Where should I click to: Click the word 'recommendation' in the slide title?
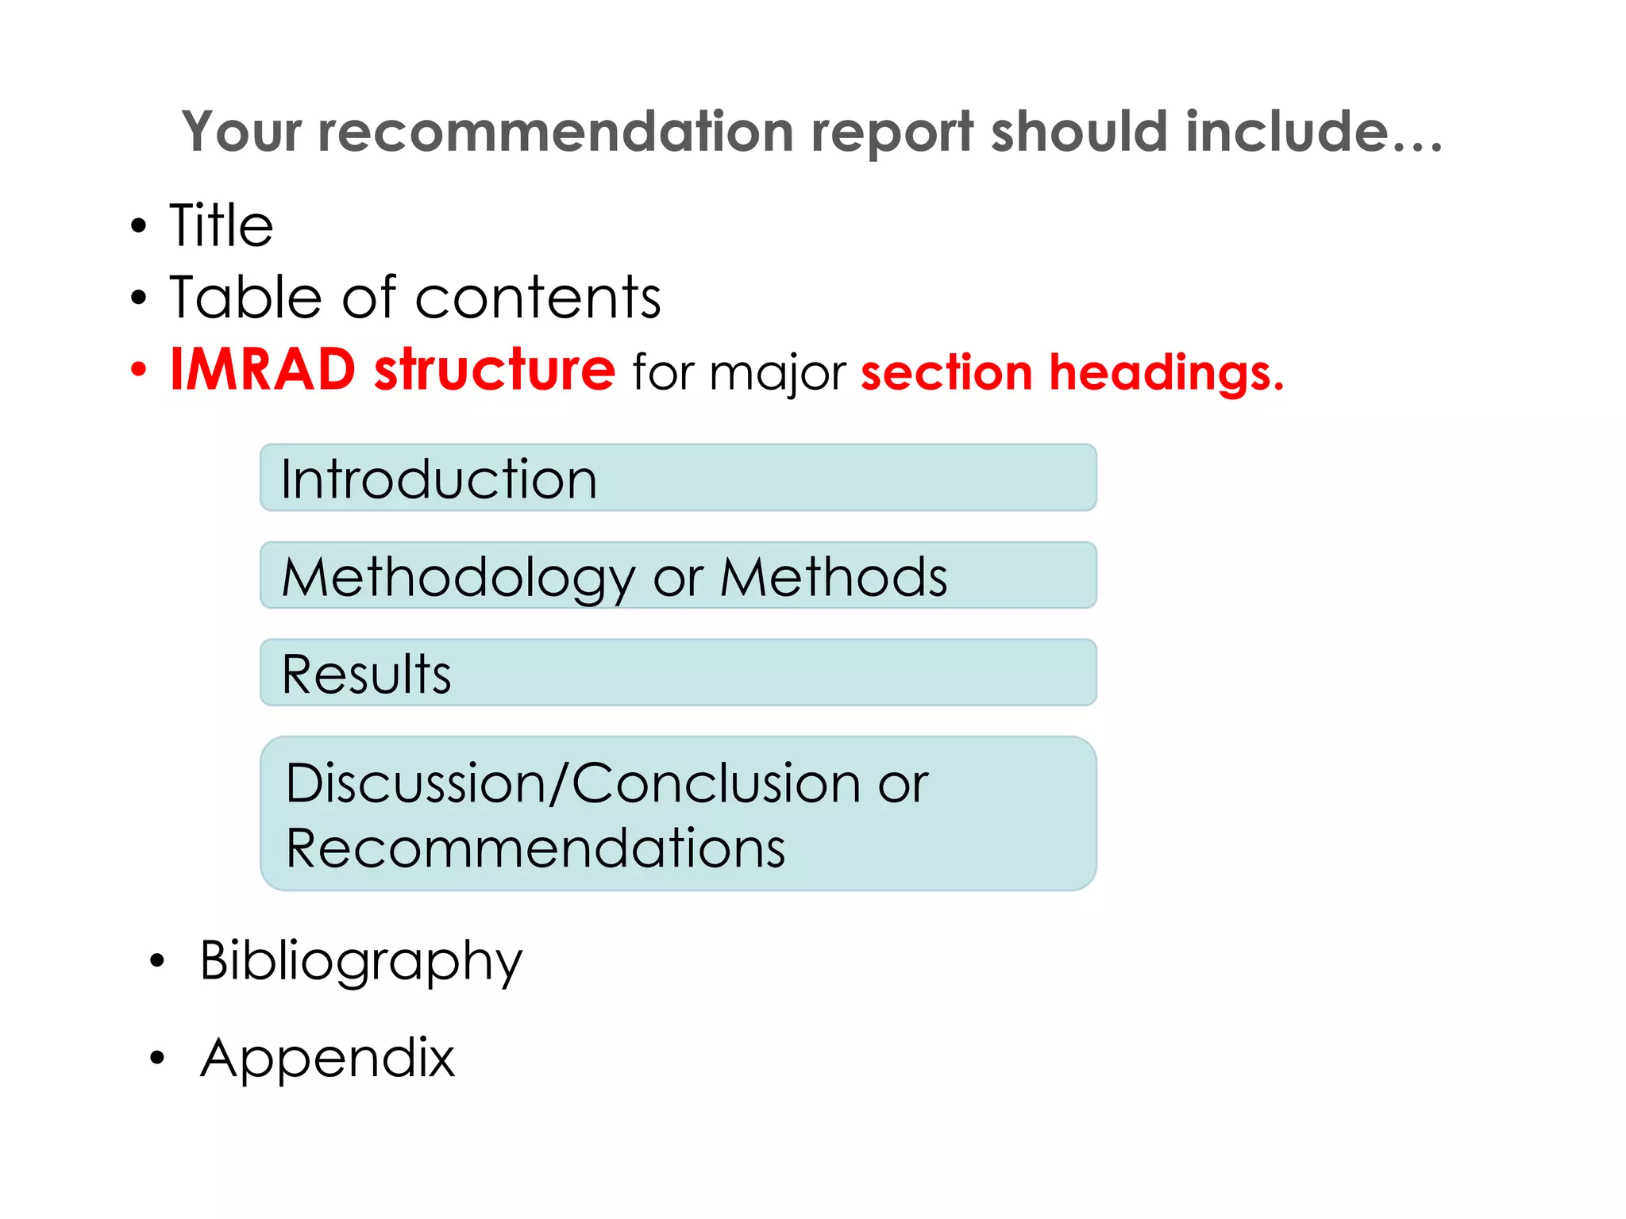pyautogui.click(x=555, y=131)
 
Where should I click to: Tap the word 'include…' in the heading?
pyautogui.click(x=1313, y=131)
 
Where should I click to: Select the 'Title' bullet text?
pyautogui.click(x=222, y=225)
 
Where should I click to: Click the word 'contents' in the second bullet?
pyautogui.click(x=538, y=298)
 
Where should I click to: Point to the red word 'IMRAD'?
pyautogui.click(x=263, y=370)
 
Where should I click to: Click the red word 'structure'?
pyautogui.click(x=494, y=370)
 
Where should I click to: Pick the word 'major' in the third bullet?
pyautogui.click(x=778, y=373)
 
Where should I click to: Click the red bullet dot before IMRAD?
pyautogui.click(x=139, y=370)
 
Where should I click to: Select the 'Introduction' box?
pyautogui.click(x=678, y=478)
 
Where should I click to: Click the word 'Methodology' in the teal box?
pyautogui.click(x=459, y=577)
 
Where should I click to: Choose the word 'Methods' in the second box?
pyautogui.click(x=834, y=577)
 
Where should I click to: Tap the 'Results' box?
pyautogui.click(x=678, y=673)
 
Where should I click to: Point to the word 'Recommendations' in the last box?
pyautogui.click(x=535, y=848)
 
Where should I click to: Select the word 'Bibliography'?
pyautogui.click(x=361, y=960)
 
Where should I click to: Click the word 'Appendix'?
pyautogui.click(x=328, y=1057)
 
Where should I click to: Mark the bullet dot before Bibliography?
pyautogui.click(x=157, y=961)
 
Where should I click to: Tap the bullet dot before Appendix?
pyautogui.click(x=157, y=1058)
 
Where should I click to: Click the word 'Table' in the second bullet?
pyautogui.click(x=245, y=298)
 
